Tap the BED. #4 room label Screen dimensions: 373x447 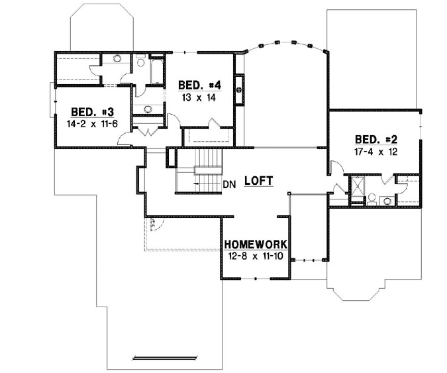point(199,85)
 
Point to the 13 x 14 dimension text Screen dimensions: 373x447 point(199,97)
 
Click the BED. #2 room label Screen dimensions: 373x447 point(376,139)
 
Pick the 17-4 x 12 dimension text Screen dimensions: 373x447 point(375,150)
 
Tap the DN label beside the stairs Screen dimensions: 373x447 point(229,184)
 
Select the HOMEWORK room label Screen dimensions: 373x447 point(255,244)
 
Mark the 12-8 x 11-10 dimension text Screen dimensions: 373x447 point(255,256)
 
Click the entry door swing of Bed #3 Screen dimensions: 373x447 point(123,138)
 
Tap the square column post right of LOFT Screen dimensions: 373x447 point(289,193)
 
